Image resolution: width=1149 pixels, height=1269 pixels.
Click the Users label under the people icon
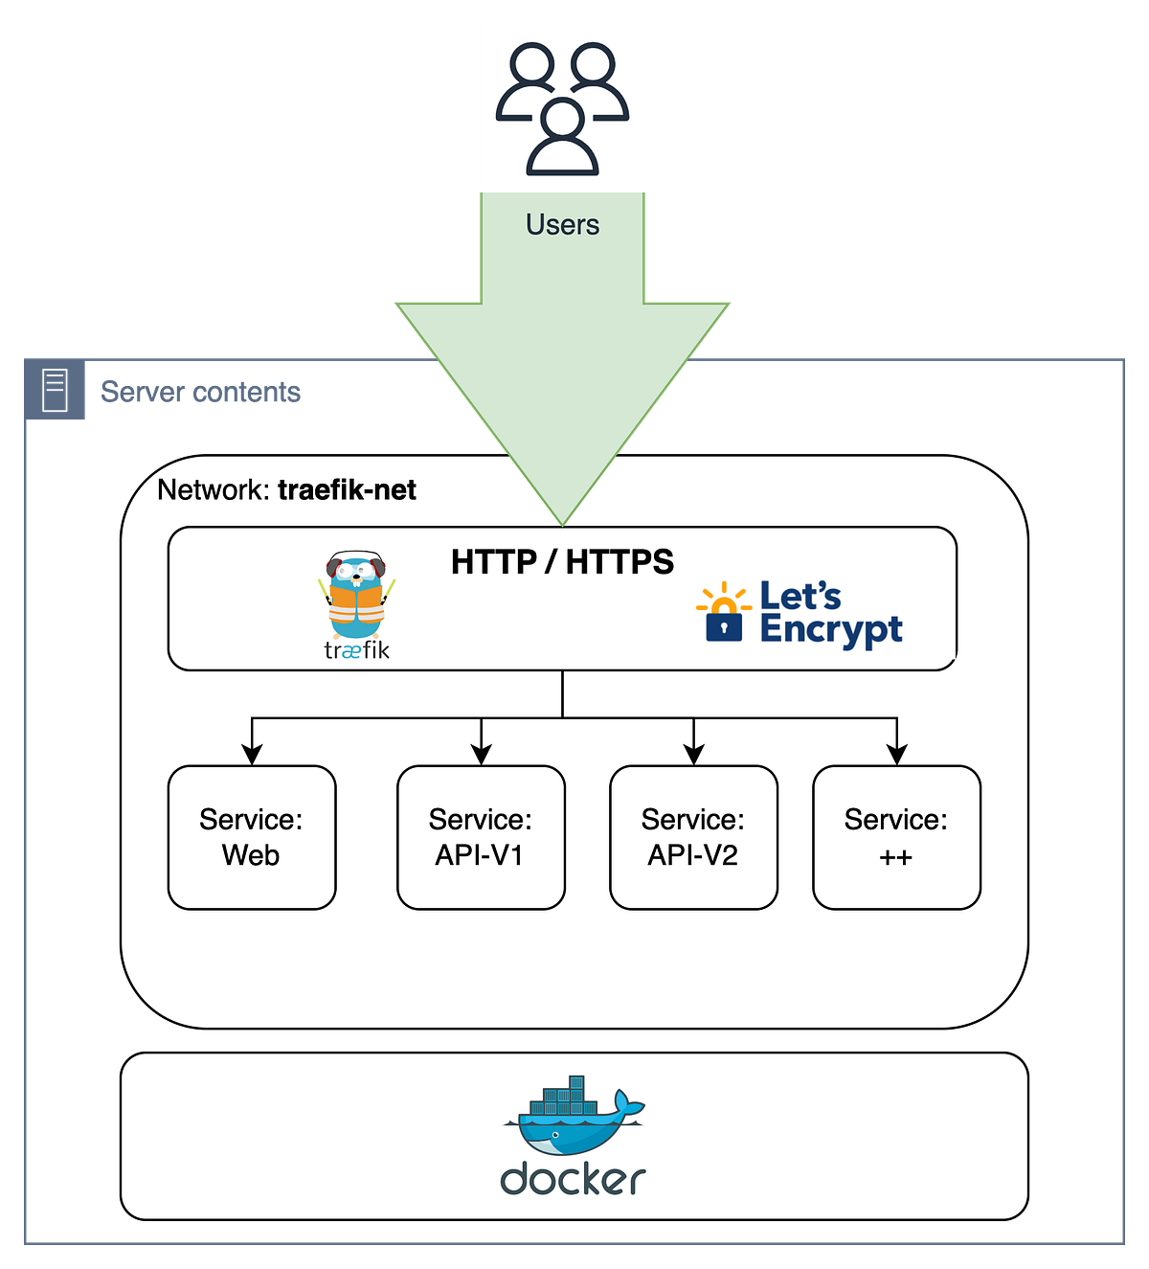click(x=562, y=225)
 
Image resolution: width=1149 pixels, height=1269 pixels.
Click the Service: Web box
click(x=252, y=837)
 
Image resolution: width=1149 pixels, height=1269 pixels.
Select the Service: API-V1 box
click(x=481, y=837)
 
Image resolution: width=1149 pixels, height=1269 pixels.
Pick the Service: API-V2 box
click(x=693, y=837)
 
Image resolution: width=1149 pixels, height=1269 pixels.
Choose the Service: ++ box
click(x=896, y=837)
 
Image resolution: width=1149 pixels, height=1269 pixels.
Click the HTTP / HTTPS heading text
click(x=562, y=562)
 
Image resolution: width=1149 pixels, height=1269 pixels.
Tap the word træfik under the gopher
click(x=356, y=650)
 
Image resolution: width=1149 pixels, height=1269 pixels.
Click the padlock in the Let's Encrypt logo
click(x=724, y=624)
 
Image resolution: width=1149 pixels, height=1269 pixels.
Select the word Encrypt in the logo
click(x=830, y=630)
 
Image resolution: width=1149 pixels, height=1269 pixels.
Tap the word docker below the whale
click(x=573, y=1179)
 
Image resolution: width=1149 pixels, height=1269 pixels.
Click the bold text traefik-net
click(x=347, y=490)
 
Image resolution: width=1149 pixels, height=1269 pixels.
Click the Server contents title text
click(x=201, y=392)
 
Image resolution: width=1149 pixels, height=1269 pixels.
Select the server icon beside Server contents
click(x=56, y=392)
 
